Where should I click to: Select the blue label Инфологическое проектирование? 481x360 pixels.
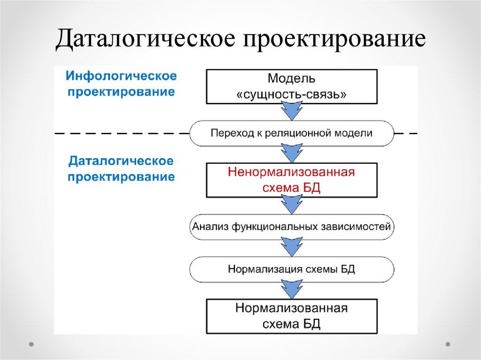tap(121, 84)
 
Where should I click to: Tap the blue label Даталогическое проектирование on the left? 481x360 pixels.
tap(121, 169)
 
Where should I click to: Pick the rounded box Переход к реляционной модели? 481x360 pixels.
tap(291, 133)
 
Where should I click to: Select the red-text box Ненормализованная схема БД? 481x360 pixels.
tap(291, 180)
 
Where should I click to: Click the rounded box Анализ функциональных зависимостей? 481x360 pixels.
tap(291, 227)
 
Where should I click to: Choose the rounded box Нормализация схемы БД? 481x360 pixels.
tap(291, 269)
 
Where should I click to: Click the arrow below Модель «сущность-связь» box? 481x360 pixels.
tap(291, 111)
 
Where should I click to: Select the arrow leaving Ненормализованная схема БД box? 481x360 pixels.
tap(291, 205)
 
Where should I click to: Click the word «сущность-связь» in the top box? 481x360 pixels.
tap(291, 93)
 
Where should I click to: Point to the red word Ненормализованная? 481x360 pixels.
tap(291, 172)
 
